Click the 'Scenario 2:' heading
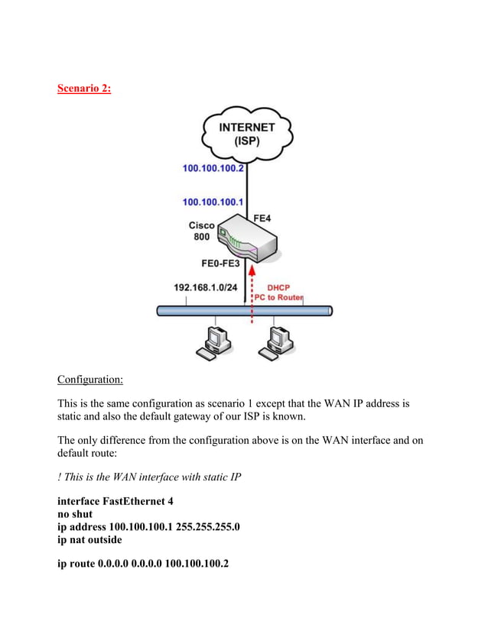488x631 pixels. pos(84,89)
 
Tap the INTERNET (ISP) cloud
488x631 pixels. pos(246,134)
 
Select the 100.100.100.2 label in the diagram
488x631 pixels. pos(213,168)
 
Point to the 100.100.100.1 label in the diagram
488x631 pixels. pos(213,202)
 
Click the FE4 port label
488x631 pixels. pos(262,218)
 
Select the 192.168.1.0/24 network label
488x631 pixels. pos(204,288)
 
